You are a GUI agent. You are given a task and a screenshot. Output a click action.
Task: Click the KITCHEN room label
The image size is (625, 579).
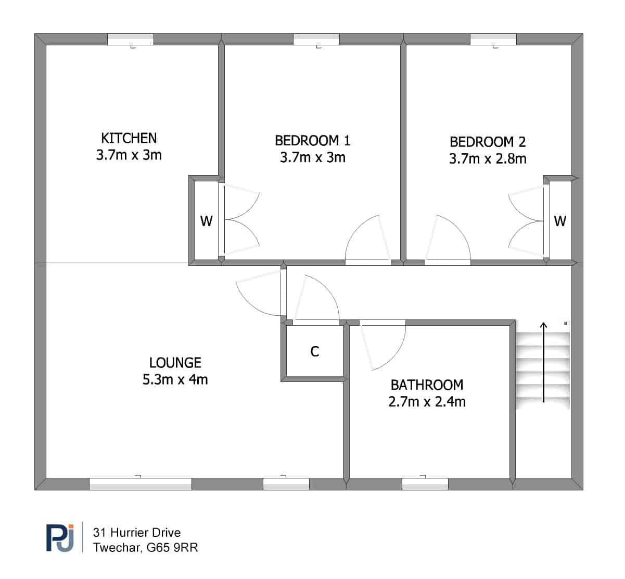click(129, 138)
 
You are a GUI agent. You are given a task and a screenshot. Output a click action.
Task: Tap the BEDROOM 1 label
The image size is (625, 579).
click(312, 141)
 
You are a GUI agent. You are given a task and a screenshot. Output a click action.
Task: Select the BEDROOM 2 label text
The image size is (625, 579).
click(488, 142)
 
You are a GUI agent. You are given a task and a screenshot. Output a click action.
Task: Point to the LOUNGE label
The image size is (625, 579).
click(175, 363)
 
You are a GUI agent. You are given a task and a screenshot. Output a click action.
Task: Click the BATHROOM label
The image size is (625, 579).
click(427, 385)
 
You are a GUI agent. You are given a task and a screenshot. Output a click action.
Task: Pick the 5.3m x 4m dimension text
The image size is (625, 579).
click(175, 379)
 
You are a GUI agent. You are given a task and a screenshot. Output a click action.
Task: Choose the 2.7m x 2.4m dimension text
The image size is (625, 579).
click(427, 402)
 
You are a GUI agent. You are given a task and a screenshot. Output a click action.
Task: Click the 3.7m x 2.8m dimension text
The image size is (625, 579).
click(488, 158)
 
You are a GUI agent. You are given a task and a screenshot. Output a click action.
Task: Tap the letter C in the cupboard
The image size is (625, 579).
click(314, 351)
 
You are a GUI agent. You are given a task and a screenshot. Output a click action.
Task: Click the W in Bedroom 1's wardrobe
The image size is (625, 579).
click(206, 221)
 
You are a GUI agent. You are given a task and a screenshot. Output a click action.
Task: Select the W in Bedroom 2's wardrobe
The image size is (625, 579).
click(560, 221)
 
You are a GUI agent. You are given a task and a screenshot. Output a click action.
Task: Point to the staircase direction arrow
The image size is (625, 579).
click(543, 363)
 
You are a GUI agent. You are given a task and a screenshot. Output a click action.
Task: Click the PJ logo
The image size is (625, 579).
click(60, 538)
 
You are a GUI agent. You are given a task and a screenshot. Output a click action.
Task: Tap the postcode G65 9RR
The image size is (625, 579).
click(172, 548)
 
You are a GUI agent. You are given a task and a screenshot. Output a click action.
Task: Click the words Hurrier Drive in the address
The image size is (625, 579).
click(145, 532)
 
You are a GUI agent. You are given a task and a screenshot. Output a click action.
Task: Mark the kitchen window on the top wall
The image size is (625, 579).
click(131, 40)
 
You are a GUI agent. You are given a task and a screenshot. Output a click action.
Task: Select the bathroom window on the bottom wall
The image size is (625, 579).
click(425, 484)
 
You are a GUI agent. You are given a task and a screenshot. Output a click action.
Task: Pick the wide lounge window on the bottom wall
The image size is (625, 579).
click(141, 484)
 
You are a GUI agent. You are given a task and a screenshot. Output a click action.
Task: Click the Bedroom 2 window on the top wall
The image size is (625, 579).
click(493, 40)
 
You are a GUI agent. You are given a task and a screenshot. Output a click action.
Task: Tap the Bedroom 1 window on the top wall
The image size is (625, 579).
click(316, 40)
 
